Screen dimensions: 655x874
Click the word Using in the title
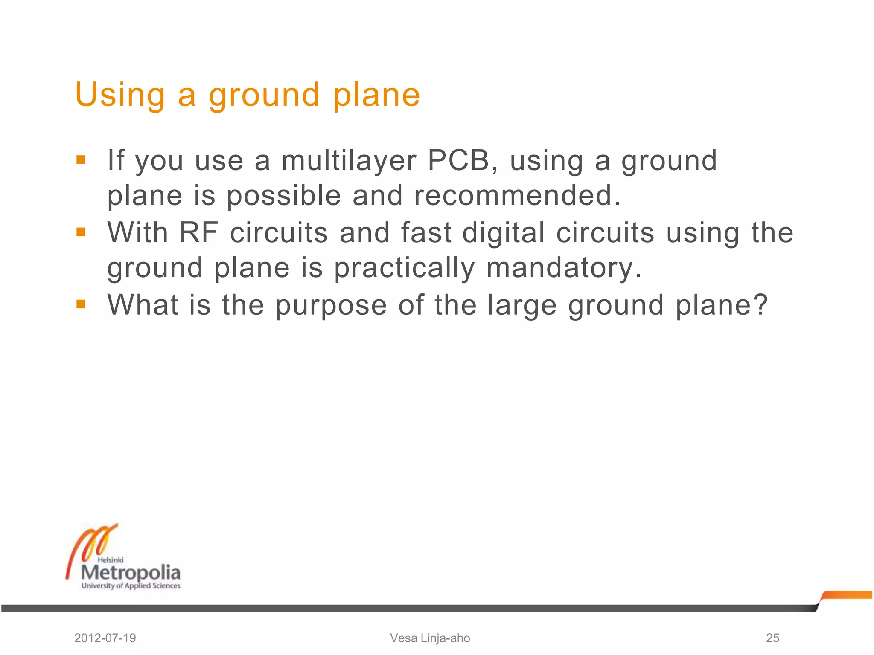120,95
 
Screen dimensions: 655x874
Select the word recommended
517,195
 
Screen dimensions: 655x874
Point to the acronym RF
199,233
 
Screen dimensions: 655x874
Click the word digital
504,233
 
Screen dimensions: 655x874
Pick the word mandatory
564,268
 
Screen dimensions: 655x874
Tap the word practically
404,268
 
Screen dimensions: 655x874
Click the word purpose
331,305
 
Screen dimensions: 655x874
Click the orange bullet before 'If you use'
81,160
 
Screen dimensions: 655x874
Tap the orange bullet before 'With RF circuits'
81,232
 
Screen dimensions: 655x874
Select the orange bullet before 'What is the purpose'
81,304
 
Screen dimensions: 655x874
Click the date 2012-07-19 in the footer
105,638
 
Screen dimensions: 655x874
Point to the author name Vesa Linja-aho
430,638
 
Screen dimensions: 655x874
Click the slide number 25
772,638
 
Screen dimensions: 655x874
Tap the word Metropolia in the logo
131,572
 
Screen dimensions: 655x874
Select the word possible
283,196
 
